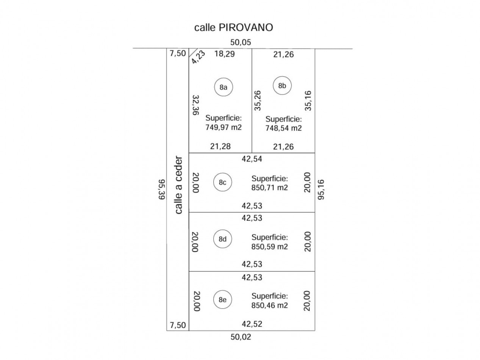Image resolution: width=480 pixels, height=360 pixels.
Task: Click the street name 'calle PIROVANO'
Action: (233, 28)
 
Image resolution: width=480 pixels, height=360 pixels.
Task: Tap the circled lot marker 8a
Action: (223, 87)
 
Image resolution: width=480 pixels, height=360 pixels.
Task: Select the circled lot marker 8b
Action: (282, 86)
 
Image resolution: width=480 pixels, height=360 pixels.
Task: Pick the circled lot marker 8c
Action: (222, 182)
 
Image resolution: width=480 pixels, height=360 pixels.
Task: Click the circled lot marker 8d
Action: (222, 239)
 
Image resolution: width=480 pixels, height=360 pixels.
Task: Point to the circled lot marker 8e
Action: (222, 299)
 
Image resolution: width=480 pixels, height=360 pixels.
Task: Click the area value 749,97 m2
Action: (223, 127)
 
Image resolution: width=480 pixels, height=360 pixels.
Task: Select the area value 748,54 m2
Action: (283, 128)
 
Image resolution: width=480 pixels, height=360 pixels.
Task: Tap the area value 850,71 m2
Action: (269, 188)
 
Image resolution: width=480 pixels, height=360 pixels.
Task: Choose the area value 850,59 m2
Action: (269, 246)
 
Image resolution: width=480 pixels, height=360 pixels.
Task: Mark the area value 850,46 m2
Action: (269, 305)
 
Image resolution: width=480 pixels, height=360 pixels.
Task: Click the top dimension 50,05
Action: (240, 42)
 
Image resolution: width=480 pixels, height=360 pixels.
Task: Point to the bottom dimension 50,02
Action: (241, 337)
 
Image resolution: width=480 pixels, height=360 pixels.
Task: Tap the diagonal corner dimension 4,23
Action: (198, 57)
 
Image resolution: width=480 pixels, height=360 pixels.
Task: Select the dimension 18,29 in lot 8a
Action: (224, 54)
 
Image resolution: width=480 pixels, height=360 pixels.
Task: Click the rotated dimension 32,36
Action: (196, 105)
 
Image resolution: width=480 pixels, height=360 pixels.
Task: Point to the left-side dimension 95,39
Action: (162, 189)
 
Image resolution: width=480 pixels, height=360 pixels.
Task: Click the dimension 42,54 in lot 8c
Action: (252, 159)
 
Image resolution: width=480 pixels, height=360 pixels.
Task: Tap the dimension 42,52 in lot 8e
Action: (252, 324)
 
